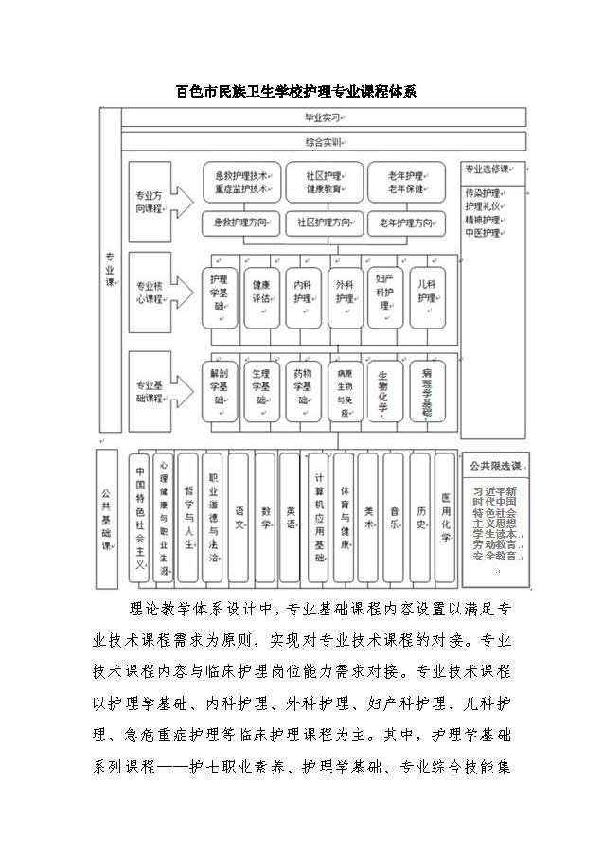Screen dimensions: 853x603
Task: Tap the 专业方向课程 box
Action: click(149, 202)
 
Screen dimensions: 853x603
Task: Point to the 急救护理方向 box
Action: click(240, 223)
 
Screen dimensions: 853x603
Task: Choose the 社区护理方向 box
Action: click(324, 223)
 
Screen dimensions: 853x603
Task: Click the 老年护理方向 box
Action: click(406, 223)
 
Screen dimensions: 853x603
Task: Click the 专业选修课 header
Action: click(493, 169)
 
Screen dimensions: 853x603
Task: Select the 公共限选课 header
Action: click(494, 465)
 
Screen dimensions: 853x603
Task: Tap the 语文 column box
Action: click(239, 518)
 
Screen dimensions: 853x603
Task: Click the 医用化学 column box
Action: click(446, 518)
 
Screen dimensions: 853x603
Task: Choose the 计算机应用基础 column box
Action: click(318, 518)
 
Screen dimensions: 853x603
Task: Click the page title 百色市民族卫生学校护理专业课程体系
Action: click(297, 92)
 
